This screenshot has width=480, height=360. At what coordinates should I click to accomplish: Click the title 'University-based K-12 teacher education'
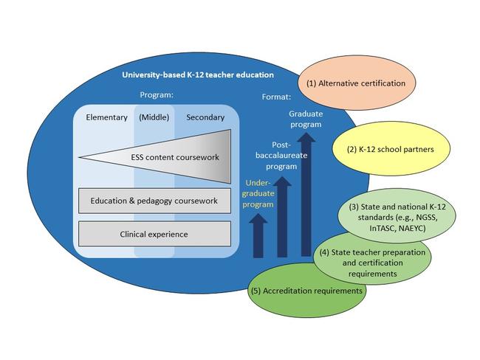197,75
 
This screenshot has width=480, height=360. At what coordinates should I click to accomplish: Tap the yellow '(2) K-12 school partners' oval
389,149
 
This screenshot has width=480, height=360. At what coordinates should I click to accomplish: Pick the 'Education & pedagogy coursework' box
154,200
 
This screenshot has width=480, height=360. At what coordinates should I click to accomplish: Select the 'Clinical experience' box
154,234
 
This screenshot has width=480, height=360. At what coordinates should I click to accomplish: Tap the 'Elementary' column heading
106,117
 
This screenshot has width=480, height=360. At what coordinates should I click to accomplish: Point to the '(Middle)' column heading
154,117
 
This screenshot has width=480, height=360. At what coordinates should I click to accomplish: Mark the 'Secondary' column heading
205,117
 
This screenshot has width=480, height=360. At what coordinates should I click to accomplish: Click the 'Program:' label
157,94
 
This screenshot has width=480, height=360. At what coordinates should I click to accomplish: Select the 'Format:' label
277,97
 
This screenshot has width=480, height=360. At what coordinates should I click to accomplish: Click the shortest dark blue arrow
259,236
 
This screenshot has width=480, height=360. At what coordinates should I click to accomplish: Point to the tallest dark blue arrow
305,195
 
